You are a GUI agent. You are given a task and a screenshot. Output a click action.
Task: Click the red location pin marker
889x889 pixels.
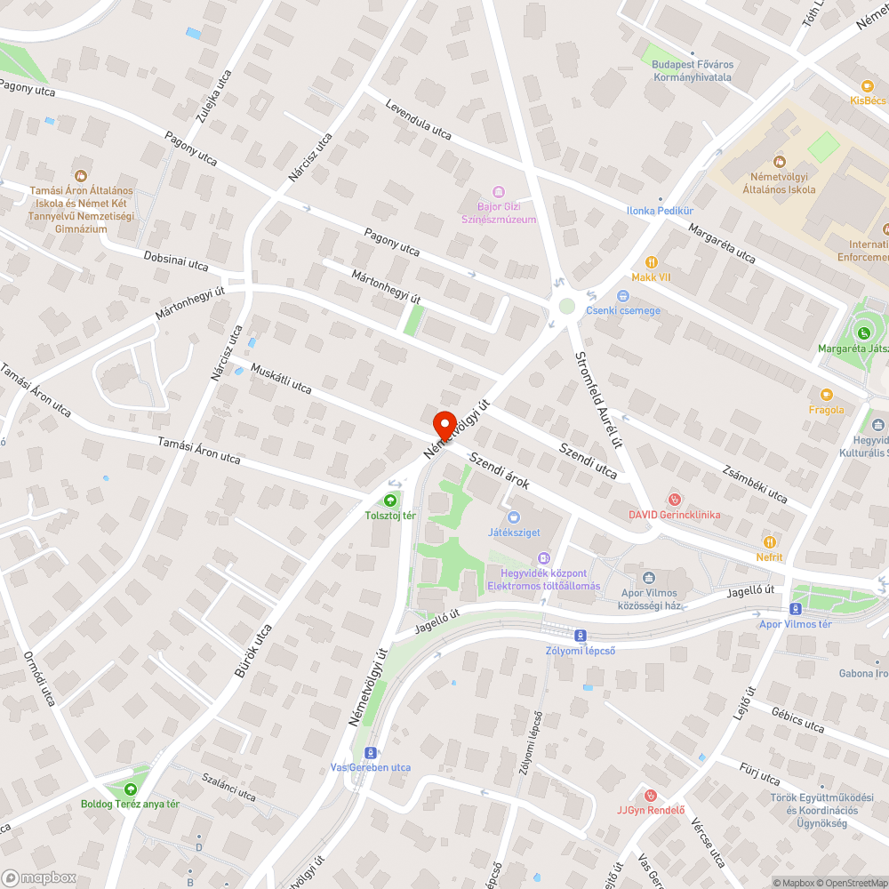tap(443, 424)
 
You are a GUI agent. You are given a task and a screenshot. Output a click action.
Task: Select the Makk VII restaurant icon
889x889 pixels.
tap(651, 262)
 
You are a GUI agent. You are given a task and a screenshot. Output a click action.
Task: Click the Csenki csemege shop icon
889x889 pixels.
tap(622, 296)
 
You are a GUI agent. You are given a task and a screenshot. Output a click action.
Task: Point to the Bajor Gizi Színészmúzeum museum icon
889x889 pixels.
tap(498, 192)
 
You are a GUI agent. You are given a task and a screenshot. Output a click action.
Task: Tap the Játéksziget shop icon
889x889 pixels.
tap(513, 517)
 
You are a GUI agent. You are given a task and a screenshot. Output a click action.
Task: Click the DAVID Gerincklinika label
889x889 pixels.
tap(675, 514)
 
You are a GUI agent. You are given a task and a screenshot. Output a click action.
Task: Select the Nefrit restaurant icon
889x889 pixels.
tap(770, 541)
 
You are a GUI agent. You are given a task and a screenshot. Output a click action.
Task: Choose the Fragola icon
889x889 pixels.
tap(826, 395)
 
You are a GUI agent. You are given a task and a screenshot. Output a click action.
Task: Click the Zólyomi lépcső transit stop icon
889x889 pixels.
tap(580, 635)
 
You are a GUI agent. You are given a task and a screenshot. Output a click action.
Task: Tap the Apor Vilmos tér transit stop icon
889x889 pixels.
tap(795, 609)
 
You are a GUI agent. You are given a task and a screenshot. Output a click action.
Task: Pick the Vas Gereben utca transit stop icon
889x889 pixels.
tap(371, 752)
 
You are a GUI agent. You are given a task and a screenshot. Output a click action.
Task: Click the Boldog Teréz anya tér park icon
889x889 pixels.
tap(131, 789)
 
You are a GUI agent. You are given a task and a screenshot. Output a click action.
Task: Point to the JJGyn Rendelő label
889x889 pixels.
tap(651, 809)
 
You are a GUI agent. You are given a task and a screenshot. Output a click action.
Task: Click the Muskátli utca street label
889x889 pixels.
tap(281, 377)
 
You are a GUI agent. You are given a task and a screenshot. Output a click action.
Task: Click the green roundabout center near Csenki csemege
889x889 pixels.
tap(565, 307)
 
